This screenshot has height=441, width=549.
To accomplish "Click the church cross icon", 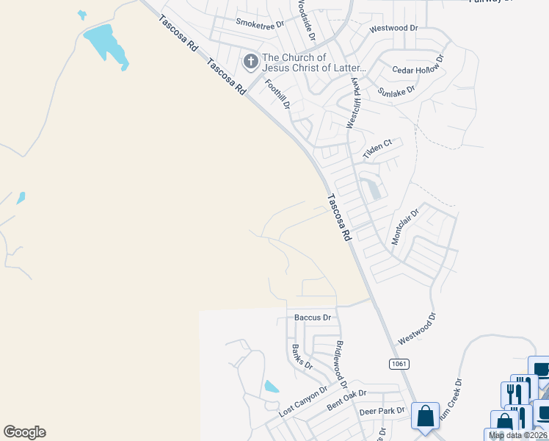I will [x=250, y=62].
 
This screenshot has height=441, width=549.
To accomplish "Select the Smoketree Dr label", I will [x=259, y=24].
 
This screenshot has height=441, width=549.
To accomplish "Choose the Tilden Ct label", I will [x=379, y=149].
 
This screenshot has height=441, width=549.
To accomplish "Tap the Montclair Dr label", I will [x=404, y=226].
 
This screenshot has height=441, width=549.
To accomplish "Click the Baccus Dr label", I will [x=313, y=318].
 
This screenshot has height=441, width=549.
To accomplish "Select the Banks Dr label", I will [x=302, y=356].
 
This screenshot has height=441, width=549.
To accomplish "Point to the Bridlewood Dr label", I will [x=340, y=365].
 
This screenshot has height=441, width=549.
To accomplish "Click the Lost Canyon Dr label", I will [x=303, y=402].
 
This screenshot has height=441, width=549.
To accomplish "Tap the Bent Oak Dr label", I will [x=345, y=400].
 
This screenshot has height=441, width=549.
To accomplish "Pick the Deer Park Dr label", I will [x=382, y=411].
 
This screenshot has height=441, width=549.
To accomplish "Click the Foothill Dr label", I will [x=278, y=93].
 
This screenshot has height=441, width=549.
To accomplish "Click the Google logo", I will [x=24, y=432].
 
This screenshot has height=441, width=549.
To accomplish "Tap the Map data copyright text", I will [x=517, y=435].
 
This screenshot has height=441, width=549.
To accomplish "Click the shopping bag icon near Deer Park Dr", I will [x=426, y=417].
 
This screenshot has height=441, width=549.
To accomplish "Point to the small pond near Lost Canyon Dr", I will [x=271, y=387].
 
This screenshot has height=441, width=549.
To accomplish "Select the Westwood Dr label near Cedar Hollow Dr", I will [x=393, y=28].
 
